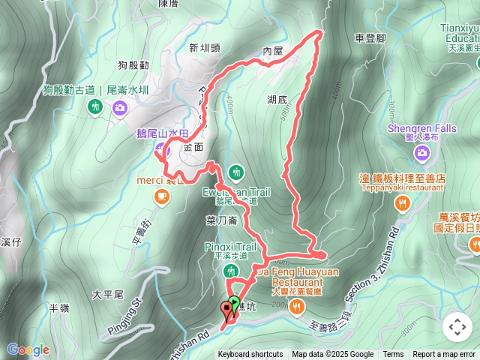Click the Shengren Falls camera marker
pyautogui.click(x=422, y=153)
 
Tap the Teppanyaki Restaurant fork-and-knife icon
pyautogui.click(x=403, y=202)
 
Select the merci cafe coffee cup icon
pyautogui.click(x=161, y=196)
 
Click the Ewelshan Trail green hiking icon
pyautogui.click(x=236, y=172)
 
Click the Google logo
pyautogui.click(x=28, y=349)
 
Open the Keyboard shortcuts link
pyautogui.click(x=250, y=355)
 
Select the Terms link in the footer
pyautogui.click(x=393, y=355)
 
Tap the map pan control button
pyautogui.click(x=457, y=327)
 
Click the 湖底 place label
pyautogui.click(x=277, y=98)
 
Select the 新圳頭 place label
pyautogui.click(x=205, y=47)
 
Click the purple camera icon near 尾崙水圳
pyautogui.click(x=120, y=108)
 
